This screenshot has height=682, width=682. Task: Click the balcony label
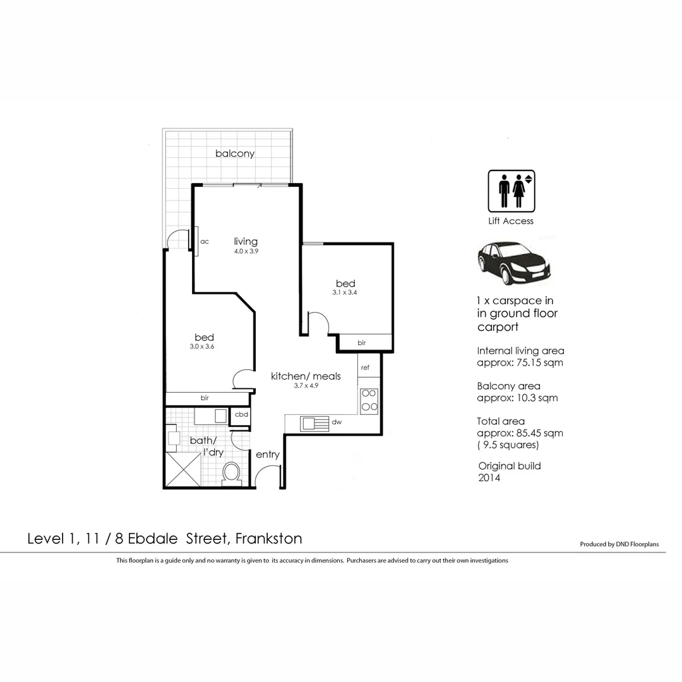click(235, 153)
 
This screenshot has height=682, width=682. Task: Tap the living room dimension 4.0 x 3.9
click(246, 251)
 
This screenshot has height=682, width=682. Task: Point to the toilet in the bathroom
click(232, 473)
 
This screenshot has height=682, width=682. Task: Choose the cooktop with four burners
click(369, 401)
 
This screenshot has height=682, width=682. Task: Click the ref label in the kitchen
click(365, 367)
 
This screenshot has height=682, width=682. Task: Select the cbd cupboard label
click(241, 415)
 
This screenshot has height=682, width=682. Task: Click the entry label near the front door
click(267, 455)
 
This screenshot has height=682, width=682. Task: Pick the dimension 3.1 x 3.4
click(345, 292)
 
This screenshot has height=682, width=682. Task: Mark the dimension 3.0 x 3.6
click(202, 346)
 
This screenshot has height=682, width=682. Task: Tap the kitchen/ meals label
click(306, 376)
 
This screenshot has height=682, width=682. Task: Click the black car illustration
click(513, 263)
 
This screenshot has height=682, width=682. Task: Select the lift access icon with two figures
click(511, 191)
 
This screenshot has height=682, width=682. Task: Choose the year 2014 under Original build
click(489, 478)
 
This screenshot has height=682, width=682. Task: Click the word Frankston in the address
click(268, 539)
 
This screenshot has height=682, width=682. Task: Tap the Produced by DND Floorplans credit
click(619, 544)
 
